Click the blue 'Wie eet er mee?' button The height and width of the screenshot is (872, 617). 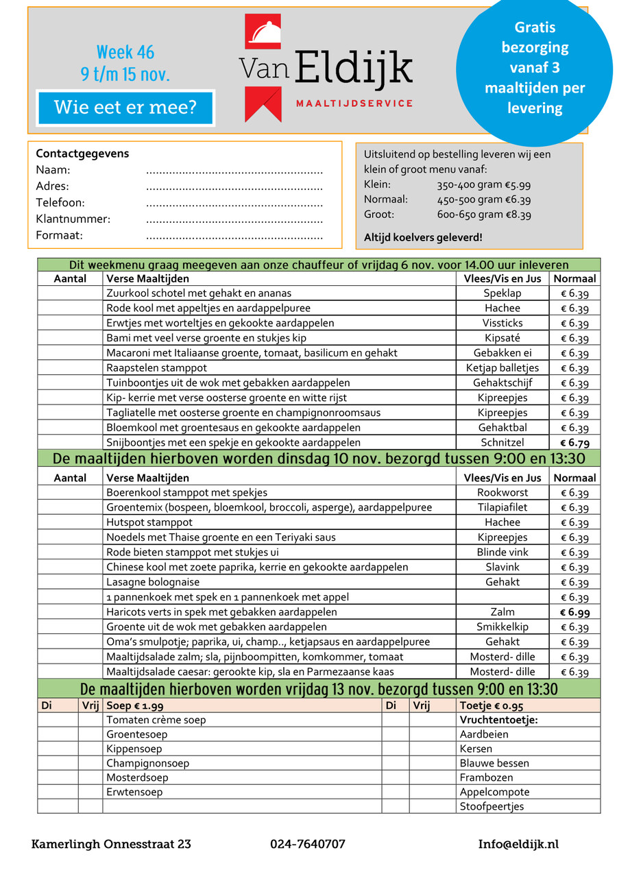coord(125,108)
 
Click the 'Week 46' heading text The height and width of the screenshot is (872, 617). coord(125,52)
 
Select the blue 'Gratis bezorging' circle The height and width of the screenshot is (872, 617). coord(534,67)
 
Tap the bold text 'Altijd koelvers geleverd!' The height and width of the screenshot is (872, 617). coord(423,237)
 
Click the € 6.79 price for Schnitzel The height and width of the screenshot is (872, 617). coord(574,443)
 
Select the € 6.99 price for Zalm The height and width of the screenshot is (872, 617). coord(574,612)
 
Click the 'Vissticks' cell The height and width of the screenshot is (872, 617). coord(502,323)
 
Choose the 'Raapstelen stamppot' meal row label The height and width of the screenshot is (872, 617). coord(148,368)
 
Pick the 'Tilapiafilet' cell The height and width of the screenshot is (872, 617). coord(502,507)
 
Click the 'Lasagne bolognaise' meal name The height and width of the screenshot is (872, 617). coord(153,582)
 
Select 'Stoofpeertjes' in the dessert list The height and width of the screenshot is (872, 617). coord(492,806)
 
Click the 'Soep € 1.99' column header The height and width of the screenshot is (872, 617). coord(134,705)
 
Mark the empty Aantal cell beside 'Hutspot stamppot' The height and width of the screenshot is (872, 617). coord(70,522)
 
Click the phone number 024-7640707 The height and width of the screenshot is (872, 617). coord(308,844)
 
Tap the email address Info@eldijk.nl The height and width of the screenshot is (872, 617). coord(518,844)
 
